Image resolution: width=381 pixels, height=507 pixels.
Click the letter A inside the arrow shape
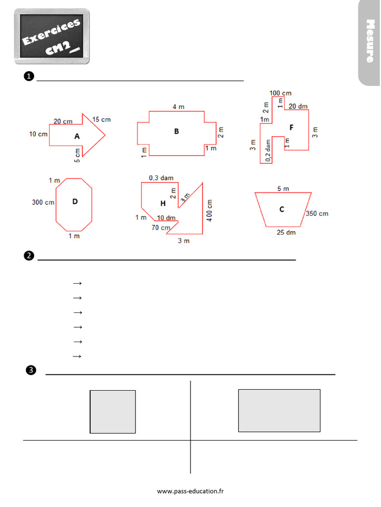click(x=77, y=136)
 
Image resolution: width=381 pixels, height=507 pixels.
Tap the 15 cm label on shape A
click(x=101, y=119)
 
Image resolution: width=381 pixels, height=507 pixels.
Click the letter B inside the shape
click(x=176, y=132)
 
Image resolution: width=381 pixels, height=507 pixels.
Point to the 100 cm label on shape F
click(x=280, y=93)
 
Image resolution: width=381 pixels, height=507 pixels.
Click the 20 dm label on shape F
click(x=298, y=106)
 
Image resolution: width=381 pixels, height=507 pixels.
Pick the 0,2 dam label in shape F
click(x=268, y=151)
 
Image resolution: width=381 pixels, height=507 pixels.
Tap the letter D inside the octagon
click(x=75, y=202)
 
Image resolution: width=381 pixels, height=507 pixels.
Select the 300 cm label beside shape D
click(x=43, y=202)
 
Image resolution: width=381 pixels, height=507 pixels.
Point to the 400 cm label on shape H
click(x=210, y=210)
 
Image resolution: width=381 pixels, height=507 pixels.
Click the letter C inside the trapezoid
click(x=281, y=209)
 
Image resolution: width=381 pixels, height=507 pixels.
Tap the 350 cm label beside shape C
click(x=317, y=214)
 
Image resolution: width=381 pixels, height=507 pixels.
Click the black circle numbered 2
click(x=29, y=255)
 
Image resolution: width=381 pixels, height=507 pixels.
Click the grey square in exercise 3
click(x=113, y=411)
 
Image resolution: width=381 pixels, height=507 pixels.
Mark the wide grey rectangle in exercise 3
click(x=279, y=410)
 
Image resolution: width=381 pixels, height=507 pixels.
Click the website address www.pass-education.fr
click(x=190, y=491)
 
